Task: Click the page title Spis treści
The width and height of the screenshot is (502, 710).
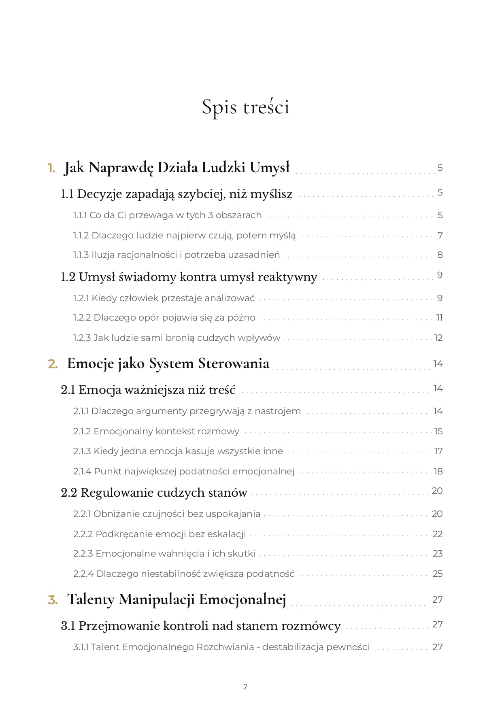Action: click(246, 107)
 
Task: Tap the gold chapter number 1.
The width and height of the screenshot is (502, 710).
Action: click(51, 168)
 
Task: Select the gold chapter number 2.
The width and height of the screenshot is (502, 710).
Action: click(53, 364)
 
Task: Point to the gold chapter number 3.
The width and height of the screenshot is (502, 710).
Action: click(53, 600)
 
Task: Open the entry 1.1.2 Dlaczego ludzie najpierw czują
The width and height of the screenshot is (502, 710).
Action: click(184, 235)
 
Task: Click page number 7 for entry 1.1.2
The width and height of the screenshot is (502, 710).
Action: click(440, 235)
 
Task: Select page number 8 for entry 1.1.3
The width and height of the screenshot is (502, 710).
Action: click(440, 255)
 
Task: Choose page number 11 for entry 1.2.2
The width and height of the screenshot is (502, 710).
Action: click(439, 318)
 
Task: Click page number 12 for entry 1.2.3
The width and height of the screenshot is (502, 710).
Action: click(438, 338)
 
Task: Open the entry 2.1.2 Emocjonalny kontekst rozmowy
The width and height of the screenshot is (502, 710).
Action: click(156, 432)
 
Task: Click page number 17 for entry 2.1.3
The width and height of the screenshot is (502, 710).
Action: click(438, 451)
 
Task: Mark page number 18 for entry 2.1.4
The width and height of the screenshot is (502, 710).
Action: click(438, 472)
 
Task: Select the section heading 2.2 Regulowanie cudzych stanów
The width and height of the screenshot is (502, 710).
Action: click(154, 493)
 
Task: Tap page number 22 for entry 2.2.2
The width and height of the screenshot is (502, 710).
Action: click(438, 534)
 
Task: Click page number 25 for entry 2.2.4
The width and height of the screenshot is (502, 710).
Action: click(438, 574)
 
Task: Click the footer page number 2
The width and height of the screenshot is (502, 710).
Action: click(245, 687)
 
